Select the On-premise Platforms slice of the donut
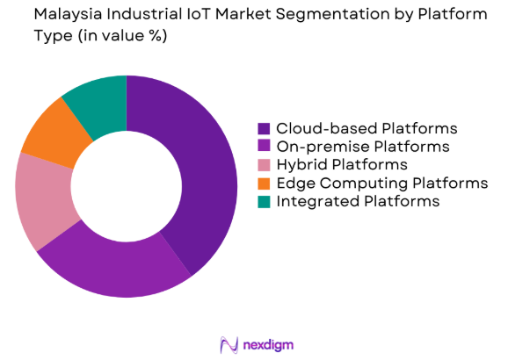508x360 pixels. [114, 267]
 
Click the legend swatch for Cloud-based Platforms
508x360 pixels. [264, 128]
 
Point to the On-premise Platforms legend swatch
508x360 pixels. [264, 147]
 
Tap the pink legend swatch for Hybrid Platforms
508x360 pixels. [264, 165]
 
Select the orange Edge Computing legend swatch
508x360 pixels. [264, 184]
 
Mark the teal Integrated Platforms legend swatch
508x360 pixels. [264, 202]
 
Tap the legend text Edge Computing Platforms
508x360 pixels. [381, 184]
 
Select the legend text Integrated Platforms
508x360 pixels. [357, 202]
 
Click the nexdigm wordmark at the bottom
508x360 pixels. [269, 343]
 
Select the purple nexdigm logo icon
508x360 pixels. [229, 343]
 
